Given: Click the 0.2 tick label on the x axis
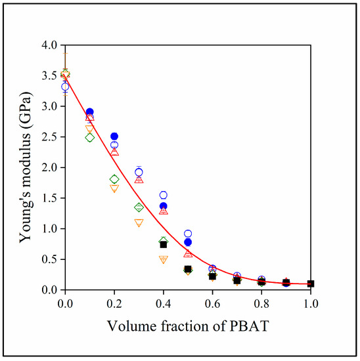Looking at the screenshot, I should point(114,303).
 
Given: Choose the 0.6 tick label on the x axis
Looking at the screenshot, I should point(212,303).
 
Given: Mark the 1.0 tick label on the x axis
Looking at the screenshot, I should point(311,303).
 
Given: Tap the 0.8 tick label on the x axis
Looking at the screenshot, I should point(261,303).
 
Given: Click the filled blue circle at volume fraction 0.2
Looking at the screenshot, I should point(114,137).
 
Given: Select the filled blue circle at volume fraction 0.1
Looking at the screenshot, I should point(90,112).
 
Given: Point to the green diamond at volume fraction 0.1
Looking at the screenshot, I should point(90,137).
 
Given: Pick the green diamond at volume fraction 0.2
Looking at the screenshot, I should point(114,179).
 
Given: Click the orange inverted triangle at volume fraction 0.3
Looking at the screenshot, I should point(139,223).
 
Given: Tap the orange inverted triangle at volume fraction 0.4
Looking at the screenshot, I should point(164,259).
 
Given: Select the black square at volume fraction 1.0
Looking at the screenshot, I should point(311,284).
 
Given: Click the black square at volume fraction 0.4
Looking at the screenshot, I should point(164,244).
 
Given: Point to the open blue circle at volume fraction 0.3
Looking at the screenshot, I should point(139,172).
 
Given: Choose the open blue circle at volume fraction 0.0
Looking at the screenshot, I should point(65,87).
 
